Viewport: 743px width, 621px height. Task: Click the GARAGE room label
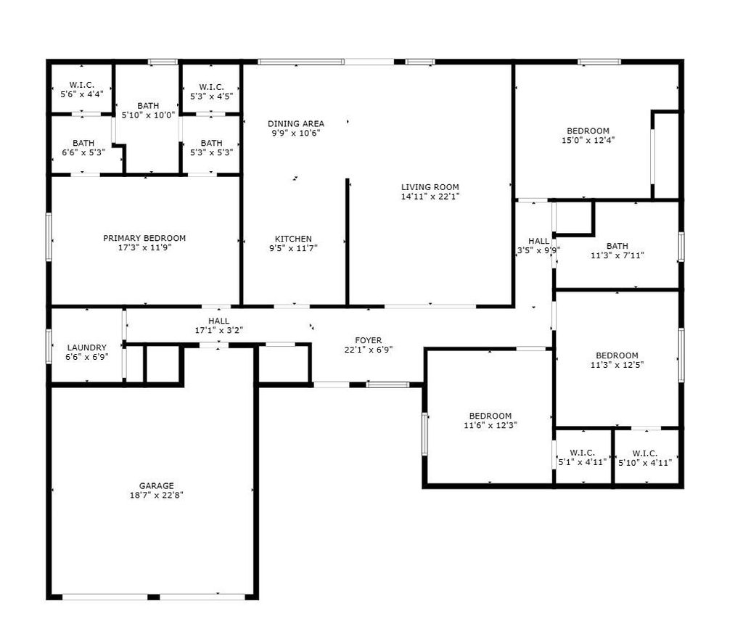[157, 485]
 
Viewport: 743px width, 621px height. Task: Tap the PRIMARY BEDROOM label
[144, 238]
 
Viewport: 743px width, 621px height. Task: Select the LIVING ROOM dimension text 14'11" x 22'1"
[430, 197]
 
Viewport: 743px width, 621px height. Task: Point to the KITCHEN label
[293, 239]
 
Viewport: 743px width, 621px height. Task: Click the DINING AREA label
[296, 123]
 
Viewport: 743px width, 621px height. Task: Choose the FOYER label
[368, 340]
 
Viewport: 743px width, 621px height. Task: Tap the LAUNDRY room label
[87, 347]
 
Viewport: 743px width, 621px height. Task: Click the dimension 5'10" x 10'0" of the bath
[148, 115]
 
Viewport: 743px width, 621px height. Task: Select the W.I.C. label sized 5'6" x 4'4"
[81, 85]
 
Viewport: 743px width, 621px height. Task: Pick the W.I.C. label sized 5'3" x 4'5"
[211, 86]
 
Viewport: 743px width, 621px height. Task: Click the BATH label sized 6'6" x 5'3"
[83, 143]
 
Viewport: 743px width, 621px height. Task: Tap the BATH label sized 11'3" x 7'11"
[617, 246]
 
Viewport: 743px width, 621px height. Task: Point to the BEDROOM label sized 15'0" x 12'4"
[588, 131]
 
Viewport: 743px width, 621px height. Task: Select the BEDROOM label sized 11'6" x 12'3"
[490, 416]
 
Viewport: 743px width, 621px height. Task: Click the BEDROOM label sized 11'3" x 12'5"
[617, 355]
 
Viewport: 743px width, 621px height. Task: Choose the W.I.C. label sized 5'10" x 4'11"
[645, 453]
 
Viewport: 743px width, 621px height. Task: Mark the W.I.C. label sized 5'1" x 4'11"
[583, 453]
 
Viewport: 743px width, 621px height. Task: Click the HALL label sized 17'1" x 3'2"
[218, 321]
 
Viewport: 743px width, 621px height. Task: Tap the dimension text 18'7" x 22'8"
[157, 495]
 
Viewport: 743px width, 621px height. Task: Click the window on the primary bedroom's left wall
[49, 237]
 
